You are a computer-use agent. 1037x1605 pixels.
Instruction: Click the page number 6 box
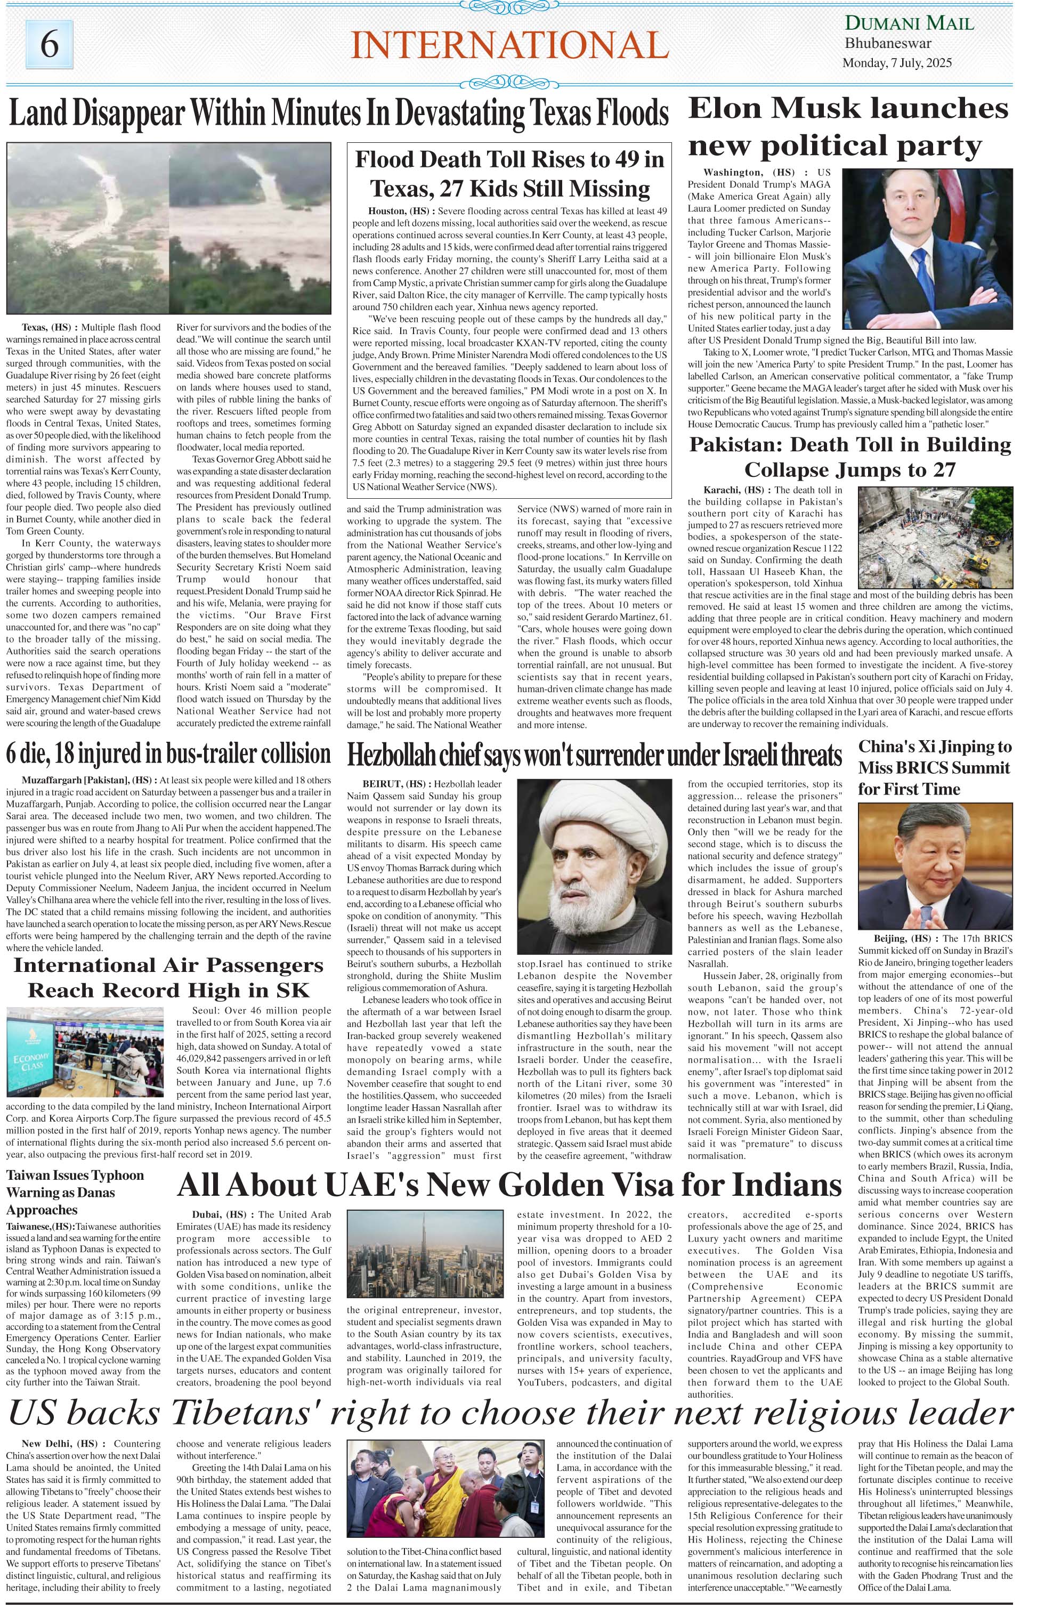point(49,45)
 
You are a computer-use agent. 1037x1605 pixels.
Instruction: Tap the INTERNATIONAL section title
point(509,46)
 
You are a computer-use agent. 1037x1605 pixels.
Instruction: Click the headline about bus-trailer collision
point(168,753)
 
